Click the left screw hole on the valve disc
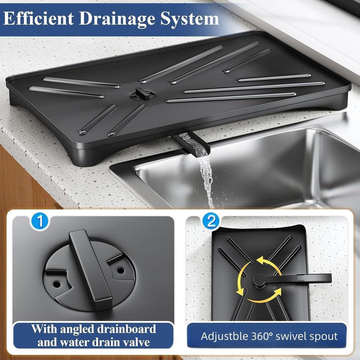[x=57, y=284]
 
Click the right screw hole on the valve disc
[x=120, y=270]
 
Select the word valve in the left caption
[x=133, y=342]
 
